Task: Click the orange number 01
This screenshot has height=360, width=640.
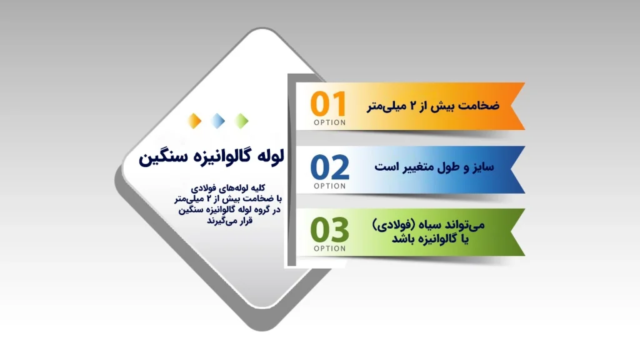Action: tap(329, 104)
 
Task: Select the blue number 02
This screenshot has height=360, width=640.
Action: tap(330, 167)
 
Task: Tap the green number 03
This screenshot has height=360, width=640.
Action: tap(330, 230)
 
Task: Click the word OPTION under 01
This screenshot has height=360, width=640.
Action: tap(329, 122)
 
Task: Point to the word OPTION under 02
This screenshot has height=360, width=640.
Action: tap(329, 186)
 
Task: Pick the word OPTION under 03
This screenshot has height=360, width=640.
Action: tap(329, 248)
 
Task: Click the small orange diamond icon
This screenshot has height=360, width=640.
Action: tap(195, 120)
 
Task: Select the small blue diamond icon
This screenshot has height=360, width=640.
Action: tap(218, 120)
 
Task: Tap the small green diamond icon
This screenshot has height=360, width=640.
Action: tap(241, 120)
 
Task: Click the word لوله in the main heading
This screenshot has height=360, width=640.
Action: tap(269, 157)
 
